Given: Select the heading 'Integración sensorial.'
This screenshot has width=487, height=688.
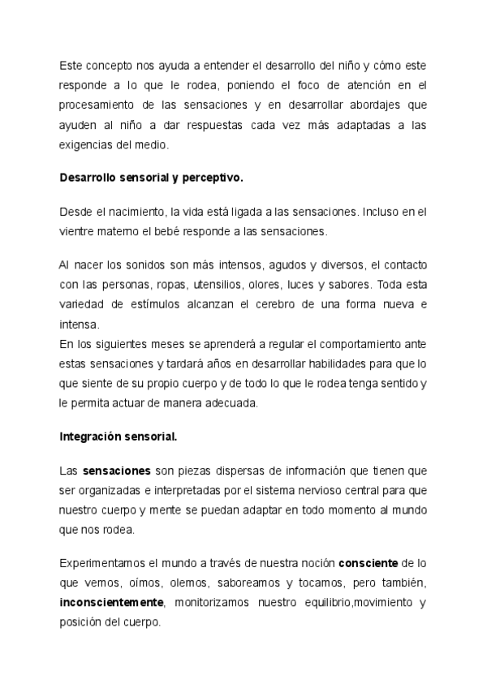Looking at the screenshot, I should click(x=119, y=436).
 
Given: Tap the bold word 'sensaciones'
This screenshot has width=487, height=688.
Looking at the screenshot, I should click(x=117, y=471).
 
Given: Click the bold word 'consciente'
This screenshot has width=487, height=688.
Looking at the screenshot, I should click(x=368, y=562).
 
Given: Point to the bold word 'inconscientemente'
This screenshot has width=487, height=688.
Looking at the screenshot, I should click(x=112, y=603).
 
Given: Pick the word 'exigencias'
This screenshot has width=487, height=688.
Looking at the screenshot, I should click(x=86, y=146).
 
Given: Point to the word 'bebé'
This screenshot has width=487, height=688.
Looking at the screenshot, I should click(x=211, y=231).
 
